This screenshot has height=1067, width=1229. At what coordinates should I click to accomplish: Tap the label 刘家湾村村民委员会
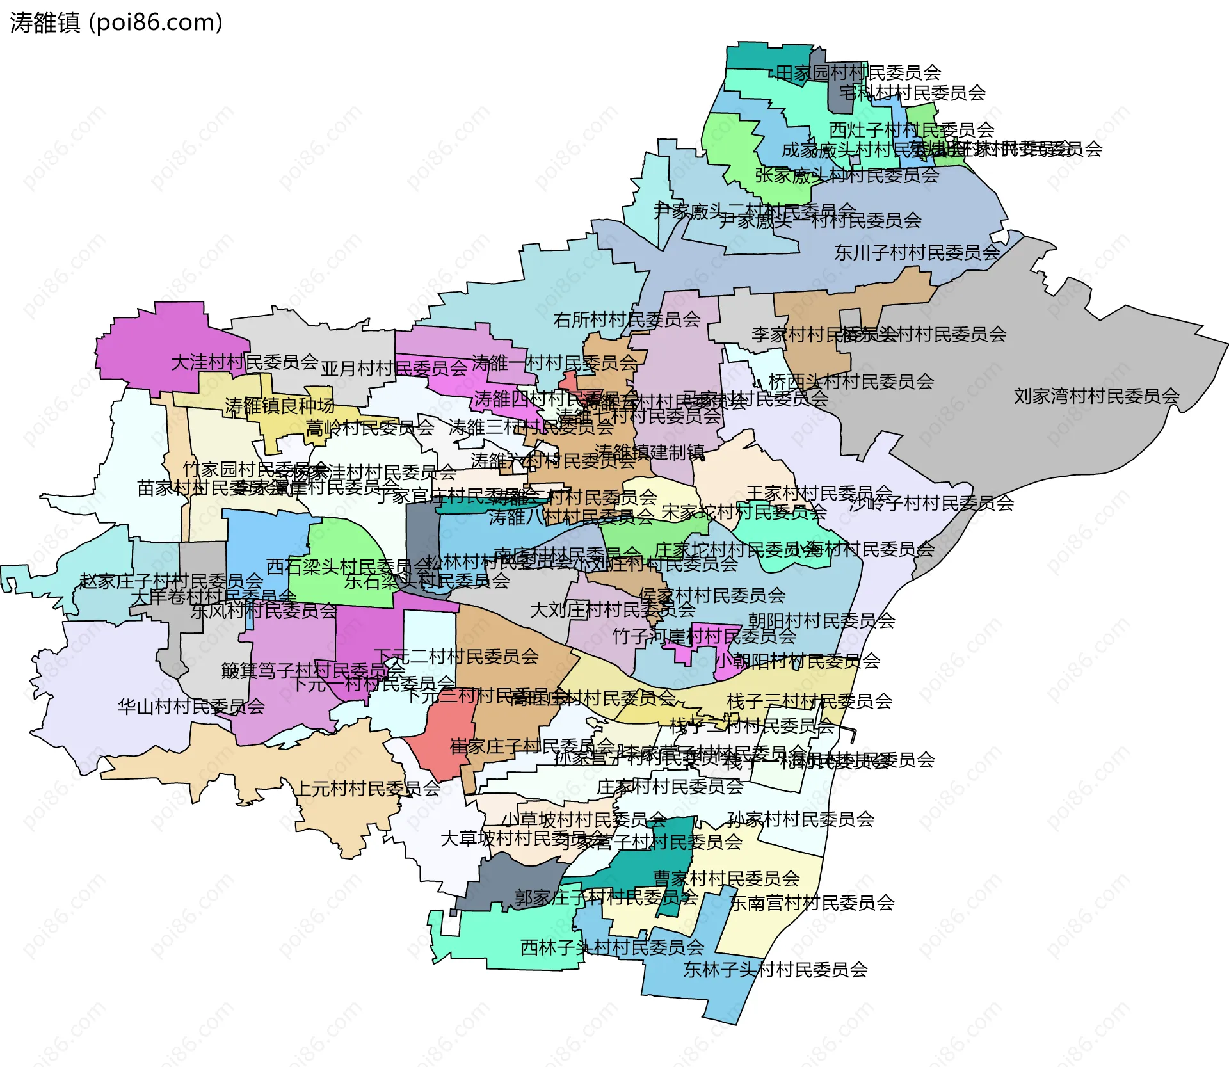[1096, 396]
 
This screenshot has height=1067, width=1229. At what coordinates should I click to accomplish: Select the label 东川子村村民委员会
[917, 253]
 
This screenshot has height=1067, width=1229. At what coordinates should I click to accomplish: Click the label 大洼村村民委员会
[245, 362]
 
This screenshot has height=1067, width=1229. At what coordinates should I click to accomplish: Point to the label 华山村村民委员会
[191, 707]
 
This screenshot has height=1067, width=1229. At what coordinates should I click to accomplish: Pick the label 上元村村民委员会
[367, 789]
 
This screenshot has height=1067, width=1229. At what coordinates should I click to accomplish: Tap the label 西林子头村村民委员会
[612, 947]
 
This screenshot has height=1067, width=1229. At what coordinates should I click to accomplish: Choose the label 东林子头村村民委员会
[775, 970]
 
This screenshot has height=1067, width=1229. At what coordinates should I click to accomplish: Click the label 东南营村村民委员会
[812, 903]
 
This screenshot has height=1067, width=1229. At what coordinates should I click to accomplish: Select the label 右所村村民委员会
[627, 319]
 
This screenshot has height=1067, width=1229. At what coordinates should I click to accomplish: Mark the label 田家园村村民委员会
[858, 73]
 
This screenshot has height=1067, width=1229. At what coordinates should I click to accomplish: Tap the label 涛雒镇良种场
[280, 406]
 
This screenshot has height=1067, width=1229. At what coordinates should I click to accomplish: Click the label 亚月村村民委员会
[394, 369]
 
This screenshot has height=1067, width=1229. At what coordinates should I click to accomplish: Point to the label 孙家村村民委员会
[800, 819]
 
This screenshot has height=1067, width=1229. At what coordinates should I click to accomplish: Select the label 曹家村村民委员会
[726, 878]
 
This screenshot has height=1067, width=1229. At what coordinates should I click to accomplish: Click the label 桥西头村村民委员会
[851, 381]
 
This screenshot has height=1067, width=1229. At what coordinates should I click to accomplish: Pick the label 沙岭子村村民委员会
[932, 503]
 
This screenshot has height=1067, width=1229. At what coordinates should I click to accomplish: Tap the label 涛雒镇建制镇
[650, 453]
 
